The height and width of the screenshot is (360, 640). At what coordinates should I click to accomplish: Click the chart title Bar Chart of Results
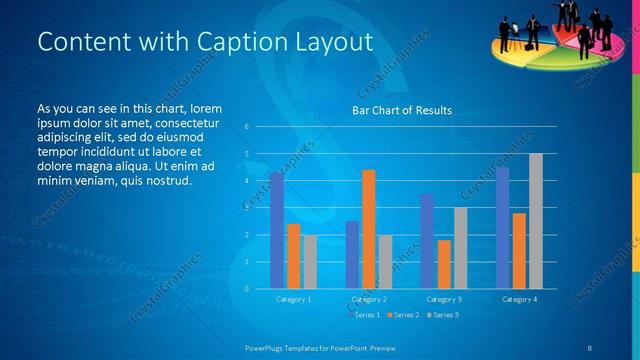click(401, 111)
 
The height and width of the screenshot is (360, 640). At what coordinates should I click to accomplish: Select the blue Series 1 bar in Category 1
click(277, 231)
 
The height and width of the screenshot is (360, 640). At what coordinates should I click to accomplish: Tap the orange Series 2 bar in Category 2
click(368, 229)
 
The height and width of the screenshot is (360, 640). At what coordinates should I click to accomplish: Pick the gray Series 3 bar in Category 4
click(536, 221)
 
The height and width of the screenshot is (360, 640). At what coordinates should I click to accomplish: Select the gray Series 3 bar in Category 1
click(310, 262)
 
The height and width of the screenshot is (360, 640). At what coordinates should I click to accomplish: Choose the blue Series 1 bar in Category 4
click(502, 228)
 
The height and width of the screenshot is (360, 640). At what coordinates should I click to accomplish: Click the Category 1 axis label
click(293, 299)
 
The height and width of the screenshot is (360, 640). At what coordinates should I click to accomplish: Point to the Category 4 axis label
click(519, 299)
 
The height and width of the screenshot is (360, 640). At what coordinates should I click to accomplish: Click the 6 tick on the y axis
click(246, 127)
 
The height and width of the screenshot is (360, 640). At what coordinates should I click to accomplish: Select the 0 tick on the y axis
click(246, 289)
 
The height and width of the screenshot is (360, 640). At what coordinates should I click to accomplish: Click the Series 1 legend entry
click(364, 315)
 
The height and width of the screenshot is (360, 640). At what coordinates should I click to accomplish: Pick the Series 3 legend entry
click(442, 315)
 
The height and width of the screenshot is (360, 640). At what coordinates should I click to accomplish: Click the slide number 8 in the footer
click(590, 346)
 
